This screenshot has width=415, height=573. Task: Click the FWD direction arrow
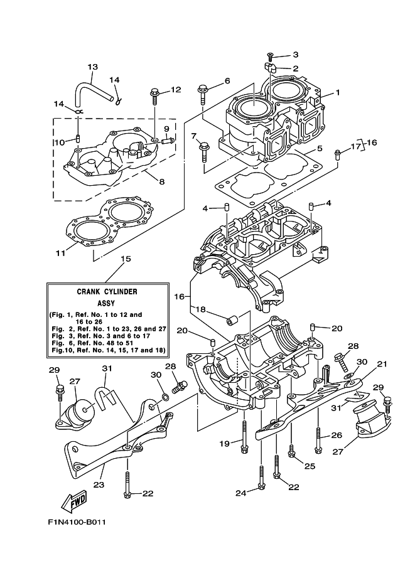(73, 502)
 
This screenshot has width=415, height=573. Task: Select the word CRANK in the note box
(89, 291)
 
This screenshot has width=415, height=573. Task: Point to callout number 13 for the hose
(92, 67)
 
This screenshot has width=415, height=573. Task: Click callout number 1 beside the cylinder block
(337, 93)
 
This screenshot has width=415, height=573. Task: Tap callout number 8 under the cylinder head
(161, 181)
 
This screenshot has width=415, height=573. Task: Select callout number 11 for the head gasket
(60, 253)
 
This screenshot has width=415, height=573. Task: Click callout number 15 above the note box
(126, 259)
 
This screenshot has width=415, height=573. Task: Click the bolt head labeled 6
(203, 89)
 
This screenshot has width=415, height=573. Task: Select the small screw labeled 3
(271, 56)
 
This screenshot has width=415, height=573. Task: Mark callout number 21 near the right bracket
(382, 363)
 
